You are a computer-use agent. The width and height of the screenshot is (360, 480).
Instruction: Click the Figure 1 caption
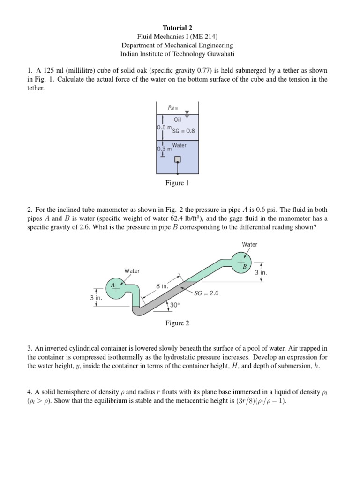177,183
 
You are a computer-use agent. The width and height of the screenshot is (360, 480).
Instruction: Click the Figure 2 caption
177,323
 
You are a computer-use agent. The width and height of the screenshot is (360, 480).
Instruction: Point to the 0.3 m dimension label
164,149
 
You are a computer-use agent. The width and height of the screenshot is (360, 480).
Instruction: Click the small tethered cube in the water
177,159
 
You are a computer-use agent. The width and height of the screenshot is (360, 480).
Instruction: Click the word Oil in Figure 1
177,120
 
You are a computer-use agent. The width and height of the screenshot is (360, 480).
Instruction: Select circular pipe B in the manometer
241,262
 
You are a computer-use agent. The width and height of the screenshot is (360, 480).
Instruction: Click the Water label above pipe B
249,244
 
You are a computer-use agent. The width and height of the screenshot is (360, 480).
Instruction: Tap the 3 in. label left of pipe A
96,297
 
